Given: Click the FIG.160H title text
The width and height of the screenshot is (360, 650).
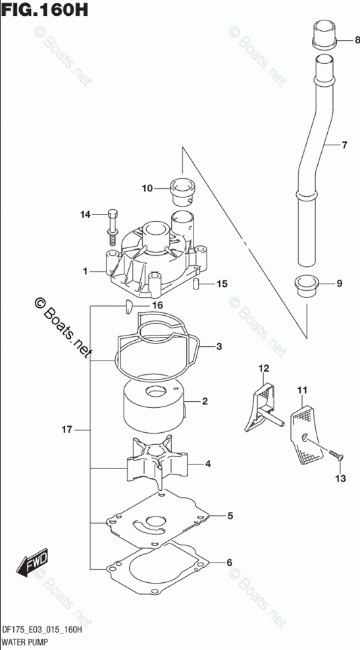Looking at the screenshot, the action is click(44, 9).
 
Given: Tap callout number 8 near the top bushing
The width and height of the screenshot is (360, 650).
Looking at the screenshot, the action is click(357, 40).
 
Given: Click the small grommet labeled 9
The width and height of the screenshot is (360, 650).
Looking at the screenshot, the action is click(307, 286).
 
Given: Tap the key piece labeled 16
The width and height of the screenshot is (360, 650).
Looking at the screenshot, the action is click(128, 307).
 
